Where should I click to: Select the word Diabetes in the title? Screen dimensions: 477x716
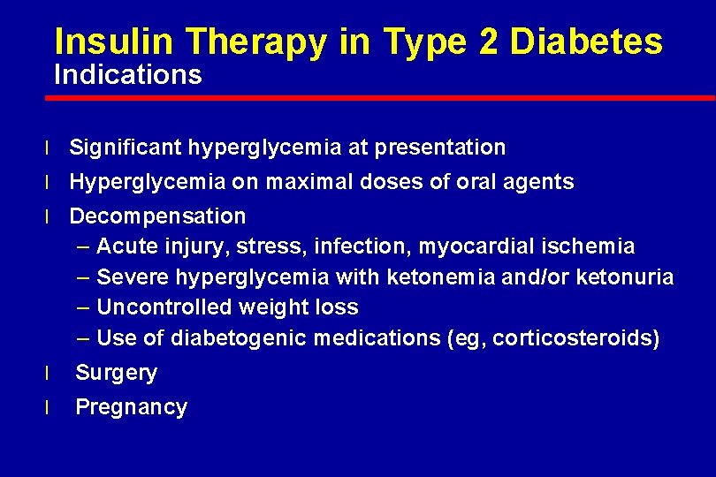(587, 42)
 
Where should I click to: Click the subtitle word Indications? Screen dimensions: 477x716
(128, 75)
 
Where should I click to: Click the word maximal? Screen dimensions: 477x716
(301, 182)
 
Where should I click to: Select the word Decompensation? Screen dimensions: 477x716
(157, 216)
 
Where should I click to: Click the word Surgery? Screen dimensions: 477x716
(116, 373)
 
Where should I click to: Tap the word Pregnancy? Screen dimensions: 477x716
(131, 407)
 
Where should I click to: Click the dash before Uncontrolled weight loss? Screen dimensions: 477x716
(83, 307)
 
